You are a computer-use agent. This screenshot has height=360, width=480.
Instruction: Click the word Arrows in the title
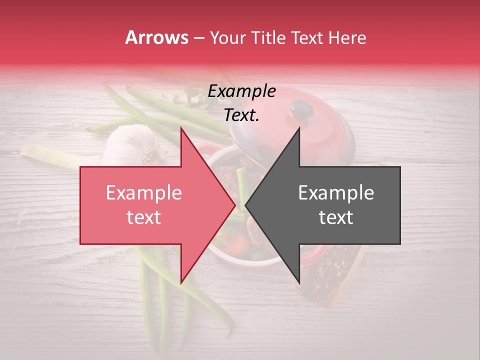pyautogui.click(x=156, y=37)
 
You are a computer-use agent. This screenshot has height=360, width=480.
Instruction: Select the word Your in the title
pyautogui.click(x=228, y=38)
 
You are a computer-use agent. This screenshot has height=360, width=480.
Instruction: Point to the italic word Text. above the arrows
pyautogui.click(x=241, y=115)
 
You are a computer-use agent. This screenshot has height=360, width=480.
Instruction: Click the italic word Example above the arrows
pyautogui.click(x=241, y=91)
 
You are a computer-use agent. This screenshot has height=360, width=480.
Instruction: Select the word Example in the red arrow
pyautogui.click(x=144, y=193)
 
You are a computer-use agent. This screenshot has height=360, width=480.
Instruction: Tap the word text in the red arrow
pyautogui.click(x=143, y=217)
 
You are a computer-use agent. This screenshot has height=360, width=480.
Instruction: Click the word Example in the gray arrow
pyautogui.click(x=336, y=193)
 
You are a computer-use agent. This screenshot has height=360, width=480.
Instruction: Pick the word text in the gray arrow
pyautogui.click(x=336, y=217)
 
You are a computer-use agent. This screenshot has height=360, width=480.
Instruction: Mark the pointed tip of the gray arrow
pyautogui.click(x=246, y=205)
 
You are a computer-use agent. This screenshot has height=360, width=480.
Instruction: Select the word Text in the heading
pyautogui.click(x=310, y=37)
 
